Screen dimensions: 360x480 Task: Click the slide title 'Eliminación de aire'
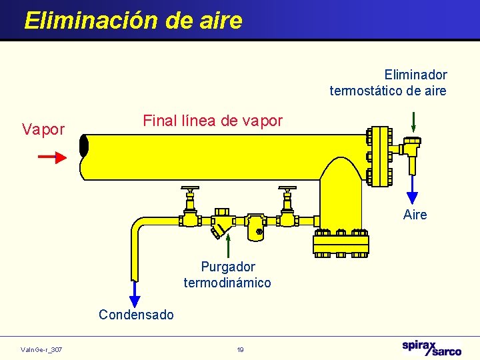(133, 20)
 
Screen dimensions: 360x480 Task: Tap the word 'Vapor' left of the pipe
(43, 129)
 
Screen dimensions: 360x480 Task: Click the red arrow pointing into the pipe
(52, 157)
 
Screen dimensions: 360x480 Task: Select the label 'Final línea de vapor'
(213, 121)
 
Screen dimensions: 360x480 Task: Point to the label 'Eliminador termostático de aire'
(388, 83)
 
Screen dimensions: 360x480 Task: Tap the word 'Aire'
(415, 215)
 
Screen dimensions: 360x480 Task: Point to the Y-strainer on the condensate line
(221, 223)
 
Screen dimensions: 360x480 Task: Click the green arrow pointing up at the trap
(228, 245)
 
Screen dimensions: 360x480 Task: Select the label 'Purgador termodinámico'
(227, 275)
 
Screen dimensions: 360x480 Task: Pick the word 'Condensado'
(136, 315)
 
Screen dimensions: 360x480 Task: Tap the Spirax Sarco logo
(431, 348)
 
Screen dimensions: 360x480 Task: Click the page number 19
(240, 349)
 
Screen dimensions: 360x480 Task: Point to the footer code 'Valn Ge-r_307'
(41, 349)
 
